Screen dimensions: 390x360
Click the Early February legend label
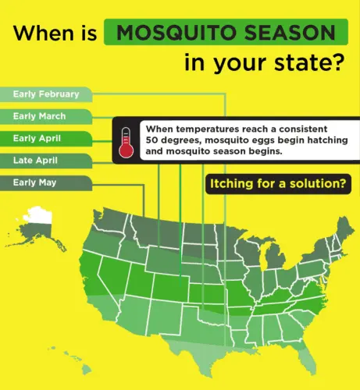(x=45, y=94)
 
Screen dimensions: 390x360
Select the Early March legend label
(x=39, y=116)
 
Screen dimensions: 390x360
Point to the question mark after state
(x=336, y=62)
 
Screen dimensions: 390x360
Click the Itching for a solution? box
(x=277, y=185)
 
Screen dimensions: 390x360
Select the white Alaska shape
(x=39, y=222)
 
